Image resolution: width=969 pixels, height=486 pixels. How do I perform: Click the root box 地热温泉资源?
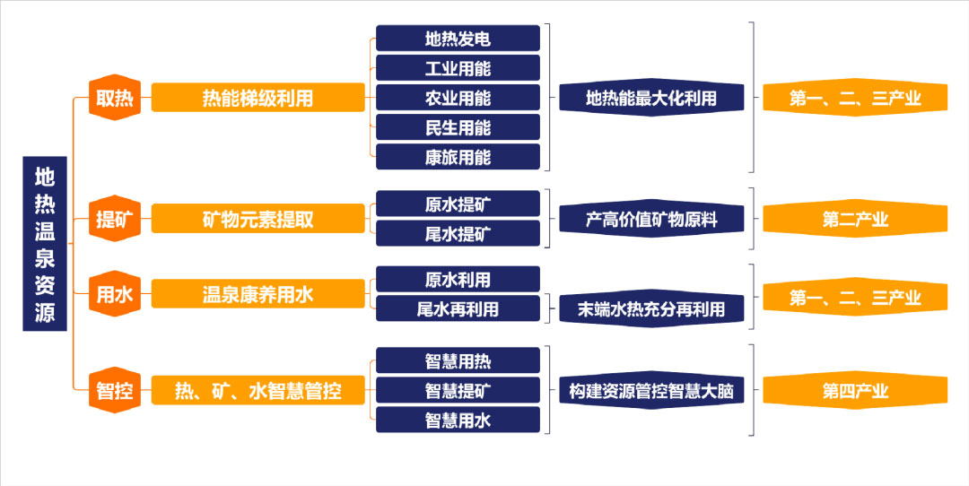45,243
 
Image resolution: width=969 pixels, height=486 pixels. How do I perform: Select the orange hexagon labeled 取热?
115,98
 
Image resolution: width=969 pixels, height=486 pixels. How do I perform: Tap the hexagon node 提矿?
115,219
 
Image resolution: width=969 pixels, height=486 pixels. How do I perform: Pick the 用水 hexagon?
115,294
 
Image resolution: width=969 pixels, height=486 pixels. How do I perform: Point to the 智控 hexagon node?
115,390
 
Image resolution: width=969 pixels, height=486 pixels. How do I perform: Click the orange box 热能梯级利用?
258,98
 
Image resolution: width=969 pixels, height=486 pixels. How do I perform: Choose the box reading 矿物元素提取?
258,219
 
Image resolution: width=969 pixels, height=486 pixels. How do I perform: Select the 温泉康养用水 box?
258,294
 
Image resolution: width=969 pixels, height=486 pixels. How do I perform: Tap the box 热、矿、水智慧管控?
258,390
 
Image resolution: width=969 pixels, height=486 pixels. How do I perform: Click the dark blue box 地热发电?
458,39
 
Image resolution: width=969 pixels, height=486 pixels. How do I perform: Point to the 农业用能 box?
458,98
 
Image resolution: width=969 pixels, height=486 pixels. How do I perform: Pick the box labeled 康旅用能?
458,157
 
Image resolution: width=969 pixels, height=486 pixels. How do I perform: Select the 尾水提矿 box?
458,233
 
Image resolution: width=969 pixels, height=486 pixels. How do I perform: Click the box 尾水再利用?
458,308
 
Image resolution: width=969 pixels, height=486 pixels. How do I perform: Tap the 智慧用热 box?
458,360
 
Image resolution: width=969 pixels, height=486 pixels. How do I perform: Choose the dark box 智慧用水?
458,420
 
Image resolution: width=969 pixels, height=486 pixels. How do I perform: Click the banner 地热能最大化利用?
651,98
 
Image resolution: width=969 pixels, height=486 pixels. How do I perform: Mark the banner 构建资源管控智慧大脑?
651,390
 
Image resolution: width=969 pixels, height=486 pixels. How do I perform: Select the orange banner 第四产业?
855,390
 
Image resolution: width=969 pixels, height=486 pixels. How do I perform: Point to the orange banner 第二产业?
855,219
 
